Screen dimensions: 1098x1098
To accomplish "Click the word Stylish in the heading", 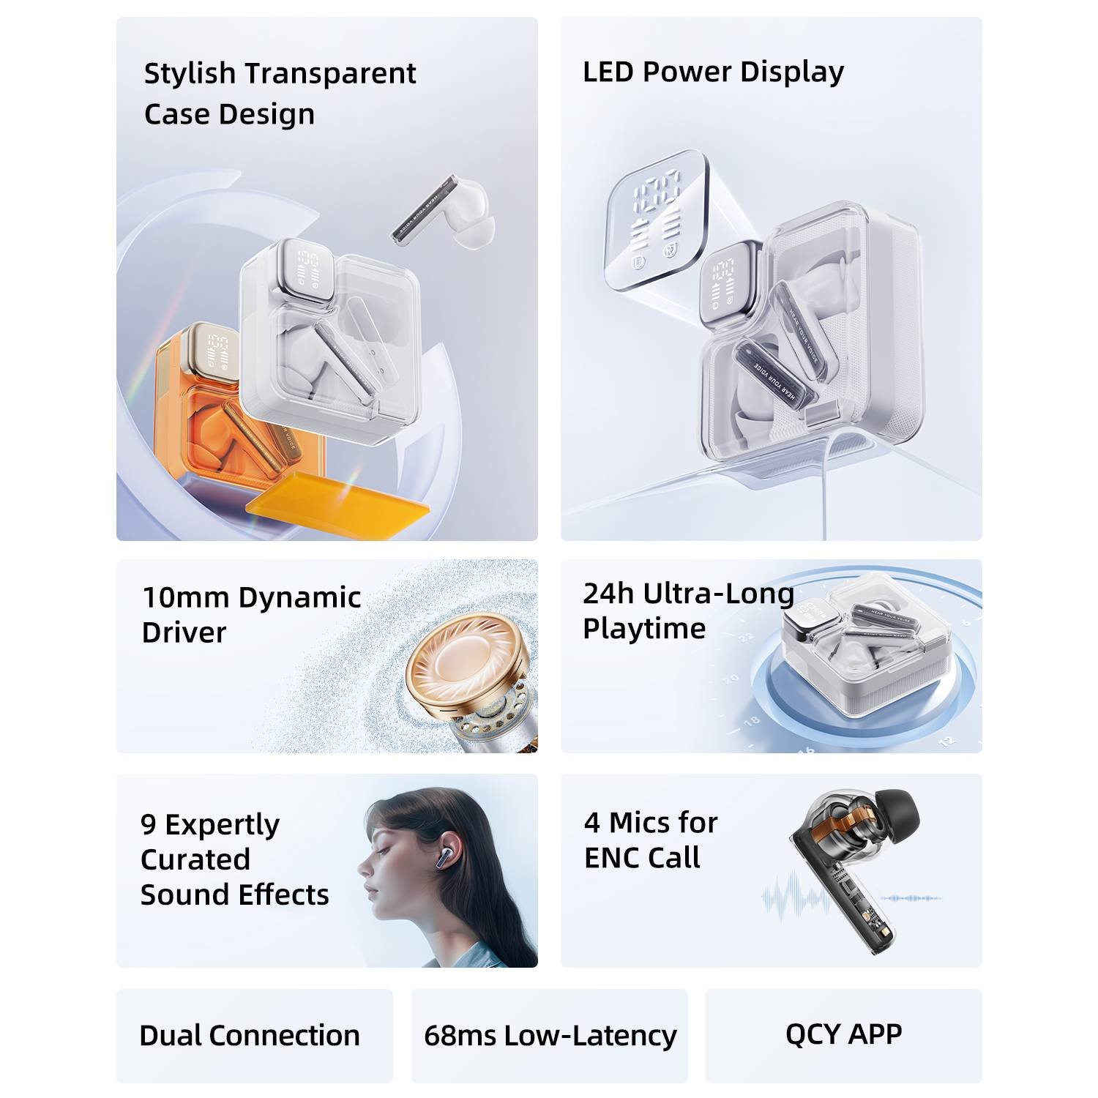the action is (190, 73).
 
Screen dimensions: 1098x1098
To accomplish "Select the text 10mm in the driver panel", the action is (186, 597).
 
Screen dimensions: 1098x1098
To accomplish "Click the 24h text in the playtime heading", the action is (608, 594).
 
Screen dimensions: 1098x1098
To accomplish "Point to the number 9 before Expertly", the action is (148, 824).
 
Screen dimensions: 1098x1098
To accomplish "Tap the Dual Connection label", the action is (250, 1035).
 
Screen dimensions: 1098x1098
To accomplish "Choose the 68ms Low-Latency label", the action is (550, 1035).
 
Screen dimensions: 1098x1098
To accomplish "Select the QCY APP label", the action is (843, 1034).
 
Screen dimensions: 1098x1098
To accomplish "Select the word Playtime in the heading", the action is (644, 629).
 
